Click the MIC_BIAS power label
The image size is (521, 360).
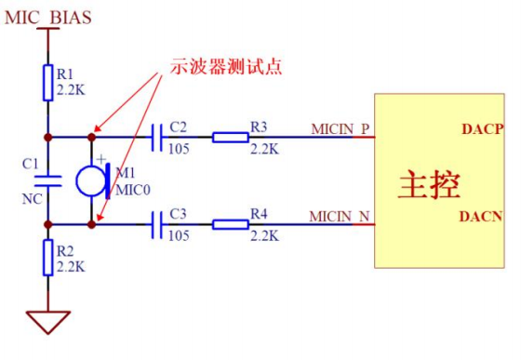point(48,18)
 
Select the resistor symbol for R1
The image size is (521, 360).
point(48,83)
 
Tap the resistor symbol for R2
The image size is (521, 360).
point(48,258)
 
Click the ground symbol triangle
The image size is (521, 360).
point(48,322)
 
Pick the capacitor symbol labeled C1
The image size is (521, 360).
point(48,181)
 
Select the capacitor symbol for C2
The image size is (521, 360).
point(157,137)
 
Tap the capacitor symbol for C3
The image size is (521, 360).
point(157,225)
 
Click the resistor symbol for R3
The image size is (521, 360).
point(231,137)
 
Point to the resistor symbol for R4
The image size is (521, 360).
point(231,225)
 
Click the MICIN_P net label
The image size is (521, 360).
point(341,129)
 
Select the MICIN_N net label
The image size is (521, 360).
point(340,217)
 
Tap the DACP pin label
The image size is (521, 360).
point(483,129)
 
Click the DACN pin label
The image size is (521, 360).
point(481,217)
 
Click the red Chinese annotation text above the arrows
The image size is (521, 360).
point(226,66)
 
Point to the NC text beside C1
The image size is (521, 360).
point(33,199)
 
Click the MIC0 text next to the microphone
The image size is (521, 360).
point(133,190)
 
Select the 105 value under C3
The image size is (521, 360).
point(179,235)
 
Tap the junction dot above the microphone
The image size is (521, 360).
point(92,137)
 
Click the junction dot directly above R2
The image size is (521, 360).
point(48,225)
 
